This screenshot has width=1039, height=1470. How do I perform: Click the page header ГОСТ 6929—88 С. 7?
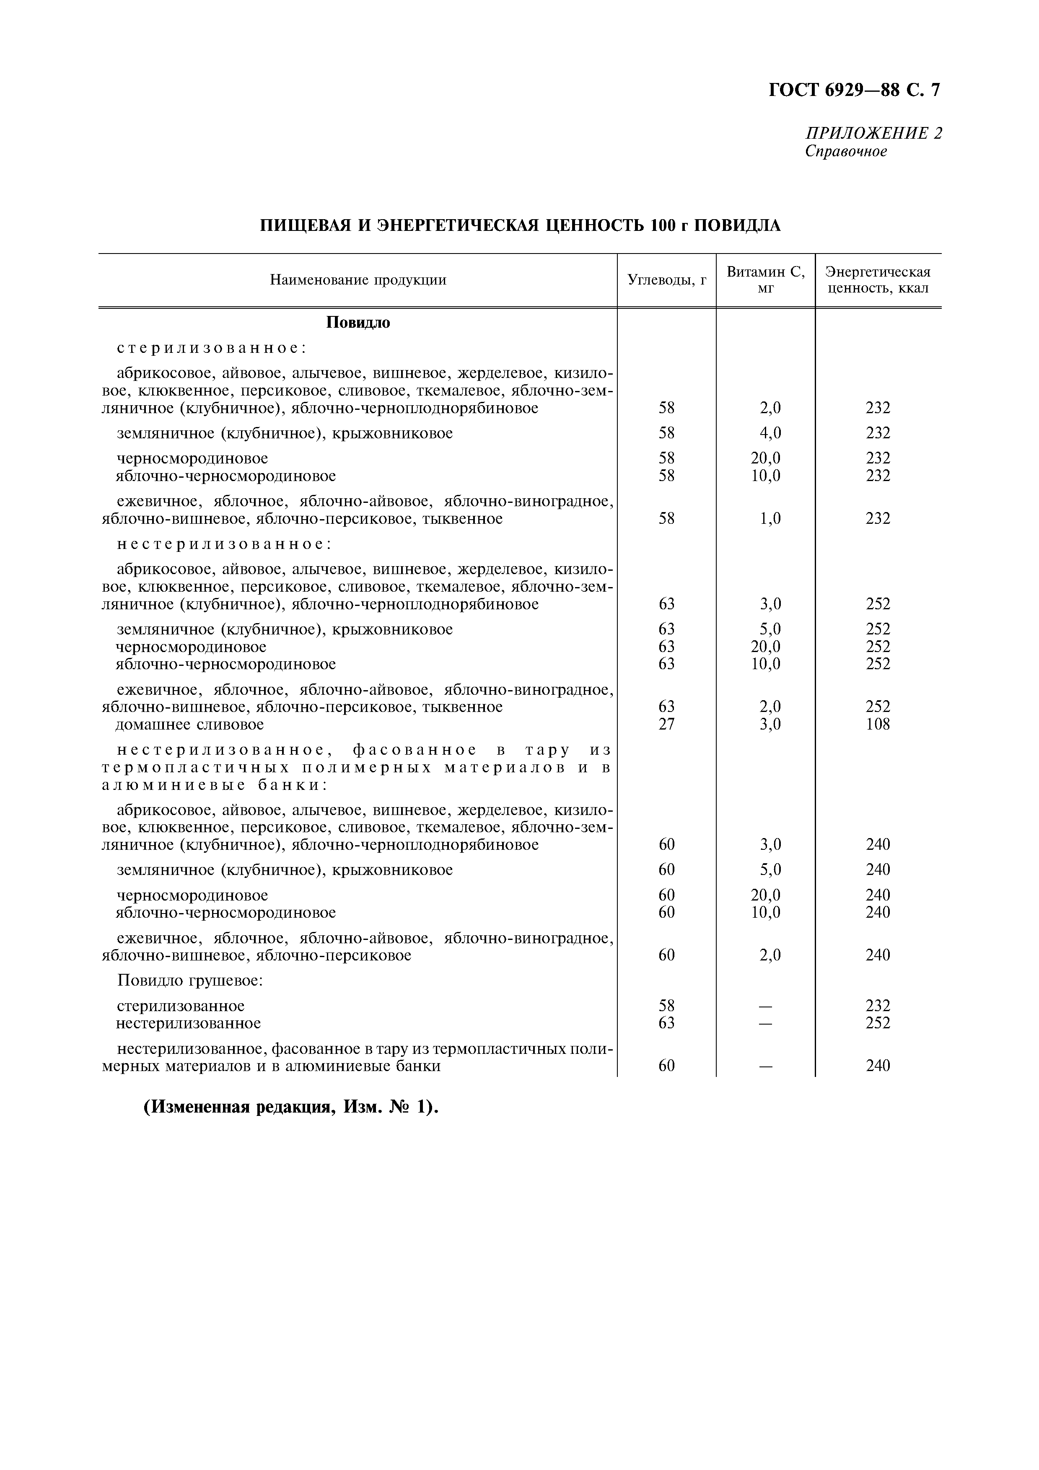[854, 90]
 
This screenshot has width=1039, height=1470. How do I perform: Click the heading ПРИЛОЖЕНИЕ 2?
[873, 133]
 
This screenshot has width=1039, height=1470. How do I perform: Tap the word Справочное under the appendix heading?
[846, 152]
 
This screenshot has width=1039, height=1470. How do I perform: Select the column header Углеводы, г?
[666, 280]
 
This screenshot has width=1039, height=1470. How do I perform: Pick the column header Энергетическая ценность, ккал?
[878, 280]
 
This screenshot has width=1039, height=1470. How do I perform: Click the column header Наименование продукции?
[358, 280]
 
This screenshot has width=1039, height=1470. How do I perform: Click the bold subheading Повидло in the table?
[358, 323]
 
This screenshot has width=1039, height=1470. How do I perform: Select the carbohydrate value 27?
[666, 725]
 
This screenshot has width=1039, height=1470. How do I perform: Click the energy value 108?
[878, 725]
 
